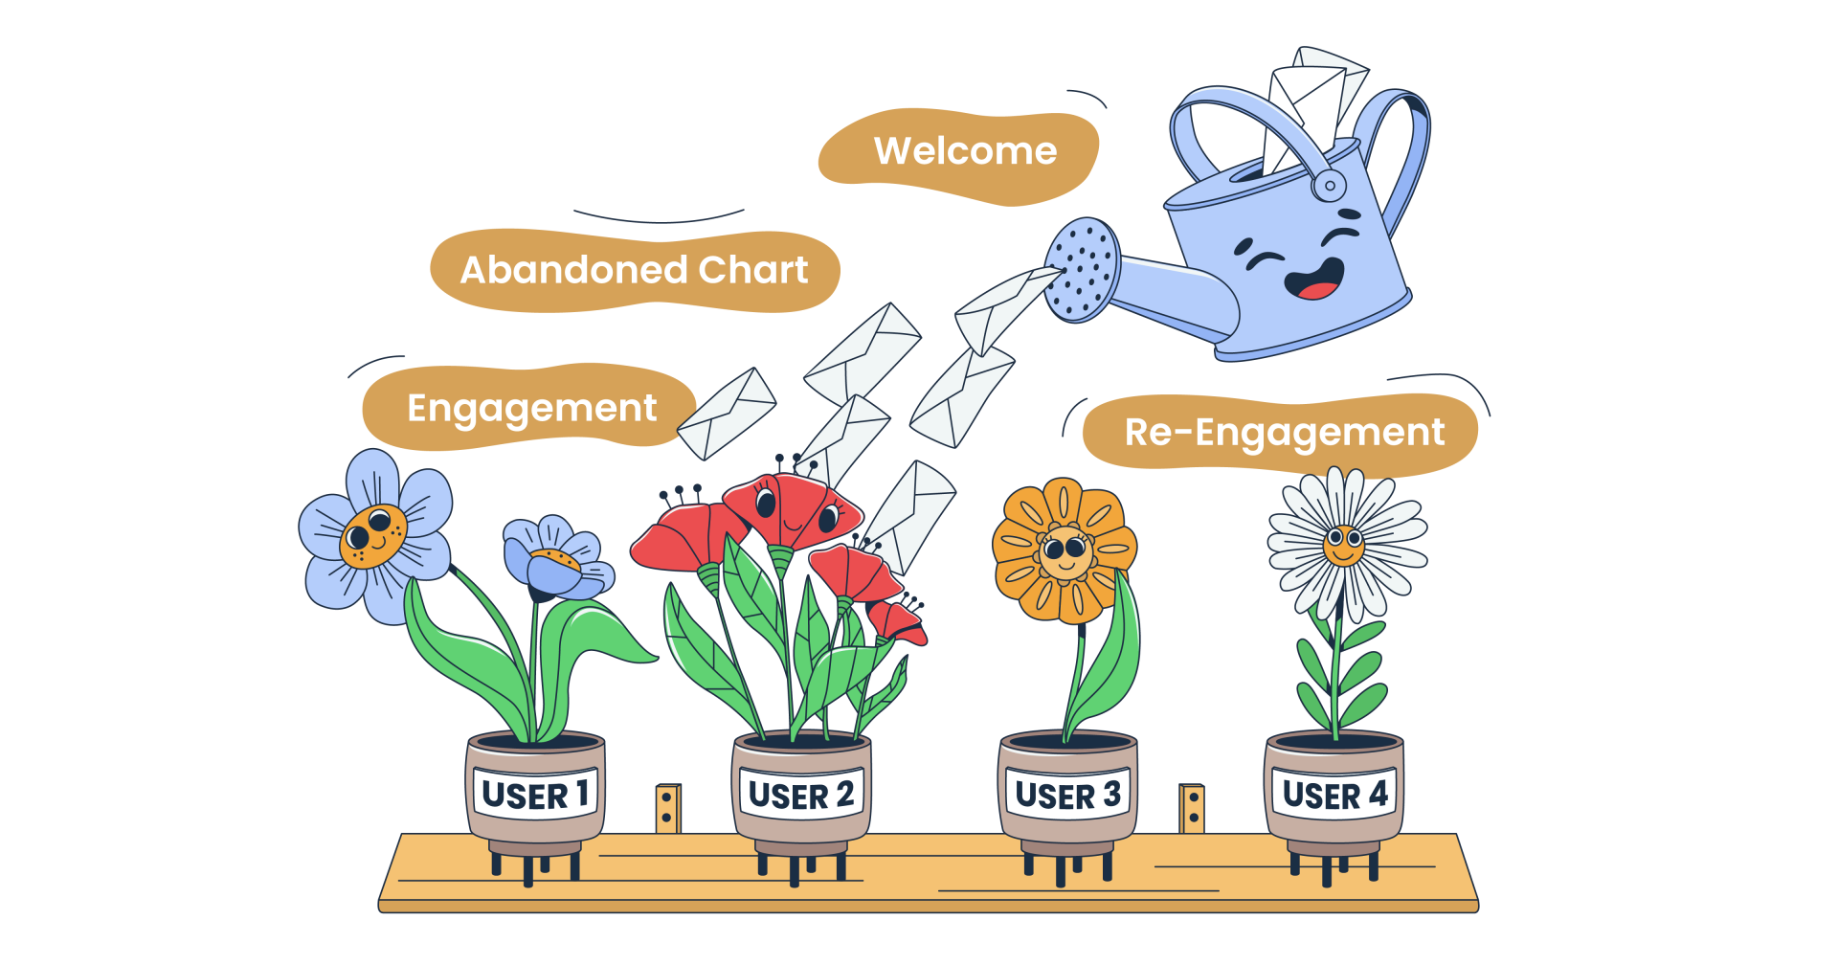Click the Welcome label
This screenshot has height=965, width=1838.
[965, 151]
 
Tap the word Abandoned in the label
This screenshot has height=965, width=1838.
[574, 270]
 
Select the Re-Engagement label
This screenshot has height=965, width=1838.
[1284, 433]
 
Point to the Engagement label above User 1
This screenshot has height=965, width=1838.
[531, 409]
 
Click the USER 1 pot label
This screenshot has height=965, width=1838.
[535, 795]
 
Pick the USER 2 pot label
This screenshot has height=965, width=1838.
[801, 795]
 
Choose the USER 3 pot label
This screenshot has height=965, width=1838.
[1067, 795]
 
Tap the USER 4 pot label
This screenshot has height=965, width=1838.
[1334, 795]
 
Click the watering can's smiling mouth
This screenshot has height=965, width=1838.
[1313, 281]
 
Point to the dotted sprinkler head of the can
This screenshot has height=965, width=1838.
[1083, 269]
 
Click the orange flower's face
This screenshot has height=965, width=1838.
[1065, 551]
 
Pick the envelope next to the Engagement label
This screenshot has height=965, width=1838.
[727, 414]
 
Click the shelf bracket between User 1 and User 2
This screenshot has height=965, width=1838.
[667, 808]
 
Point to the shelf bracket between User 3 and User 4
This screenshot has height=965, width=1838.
[1192, 808]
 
